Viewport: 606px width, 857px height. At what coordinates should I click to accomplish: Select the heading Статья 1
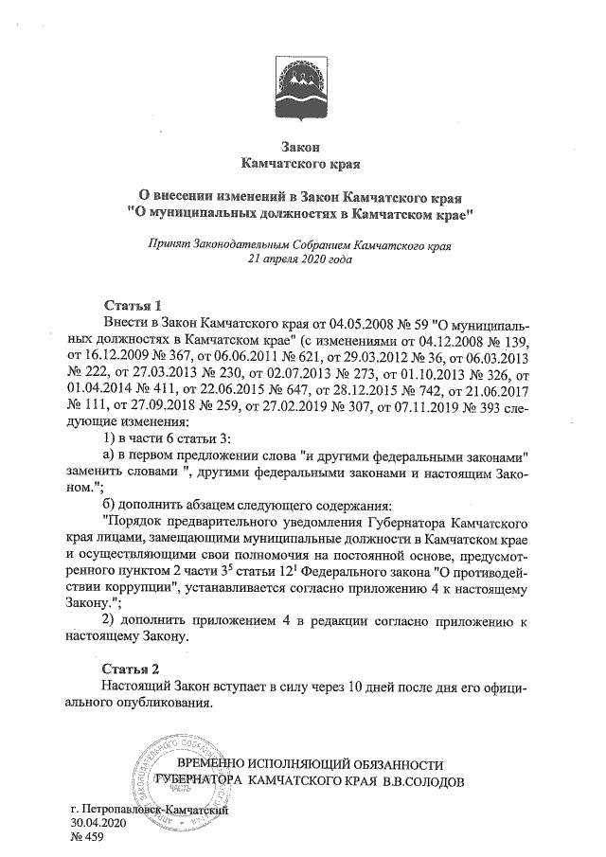point(132,305)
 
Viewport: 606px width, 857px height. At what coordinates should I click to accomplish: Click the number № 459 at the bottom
point(86,838)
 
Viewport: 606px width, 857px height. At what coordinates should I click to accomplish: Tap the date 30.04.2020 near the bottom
point(98,824)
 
